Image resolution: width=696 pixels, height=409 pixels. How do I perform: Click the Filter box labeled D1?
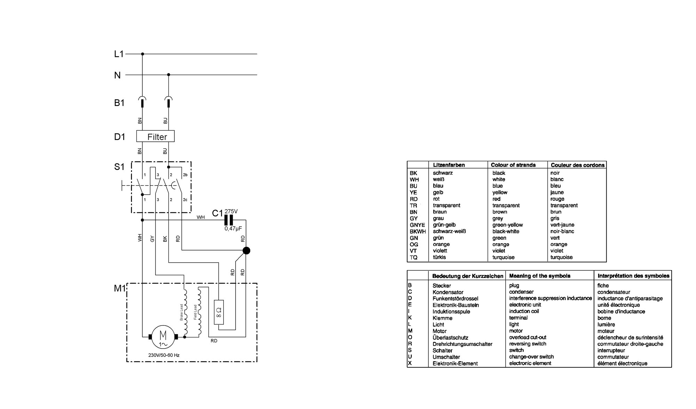(x=155, y=136)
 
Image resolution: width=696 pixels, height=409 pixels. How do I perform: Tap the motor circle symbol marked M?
(x=163, y=337)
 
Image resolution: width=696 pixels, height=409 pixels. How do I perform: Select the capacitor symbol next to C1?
(x=229, y=220)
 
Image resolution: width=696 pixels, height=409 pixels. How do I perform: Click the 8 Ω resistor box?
(x=219, y=312)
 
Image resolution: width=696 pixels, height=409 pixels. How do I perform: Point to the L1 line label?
(x=119, y=54)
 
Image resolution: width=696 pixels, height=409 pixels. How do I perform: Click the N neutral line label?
(x=118, y=75)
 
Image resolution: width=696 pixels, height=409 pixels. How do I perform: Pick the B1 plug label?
(x=119, y=103)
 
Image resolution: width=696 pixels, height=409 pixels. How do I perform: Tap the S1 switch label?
(x=119, y=167)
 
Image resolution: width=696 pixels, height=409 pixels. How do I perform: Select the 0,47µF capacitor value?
(x=233, y=229)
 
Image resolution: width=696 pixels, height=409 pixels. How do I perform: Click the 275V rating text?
(x=231, y=211)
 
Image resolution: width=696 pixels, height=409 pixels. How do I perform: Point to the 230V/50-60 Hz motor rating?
(x=164, y=355)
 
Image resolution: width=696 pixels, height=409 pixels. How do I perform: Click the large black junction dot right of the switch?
(x=246, y=251)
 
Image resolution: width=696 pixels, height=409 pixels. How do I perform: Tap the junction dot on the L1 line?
(x=142, y=54)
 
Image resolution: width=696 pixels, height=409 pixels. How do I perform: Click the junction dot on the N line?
(x=168, y=75)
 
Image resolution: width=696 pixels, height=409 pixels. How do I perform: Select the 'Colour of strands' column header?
(x=513, y=165)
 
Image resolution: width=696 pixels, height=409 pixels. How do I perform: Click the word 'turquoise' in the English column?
(x=503, y=257)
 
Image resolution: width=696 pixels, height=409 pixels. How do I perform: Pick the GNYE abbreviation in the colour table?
(x=417, y=225)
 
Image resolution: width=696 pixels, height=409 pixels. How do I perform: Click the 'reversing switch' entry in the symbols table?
(x=528, y=344)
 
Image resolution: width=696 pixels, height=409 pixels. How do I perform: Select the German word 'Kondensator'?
(x=448, y=292)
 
